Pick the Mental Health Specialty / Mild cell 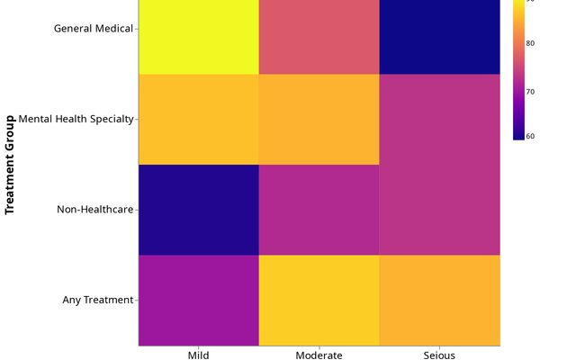point(199,120)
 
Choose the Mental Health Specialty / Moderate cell point(319,120)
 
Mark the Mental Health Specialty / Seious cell point(440,120)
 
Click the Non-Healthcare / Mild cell point(199,210)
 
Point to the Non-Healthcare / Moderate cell point(319,210)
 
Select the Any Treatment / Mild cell point(199,300)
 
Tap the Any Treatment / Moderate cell point(319,300)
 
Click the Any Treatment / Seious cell point(440,300)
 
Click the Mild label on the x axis point(199,355)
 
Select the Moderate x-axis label point(319,355)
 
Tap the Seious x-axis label point(440,355)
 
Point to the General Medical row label point(93,28)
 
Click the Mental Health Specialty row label point(76,119)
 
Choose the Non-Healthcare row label point(94,210)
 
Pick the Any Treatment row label point(97,300)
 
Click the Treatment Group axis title point(11,164)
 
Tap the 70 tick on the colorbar point(531,91)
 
